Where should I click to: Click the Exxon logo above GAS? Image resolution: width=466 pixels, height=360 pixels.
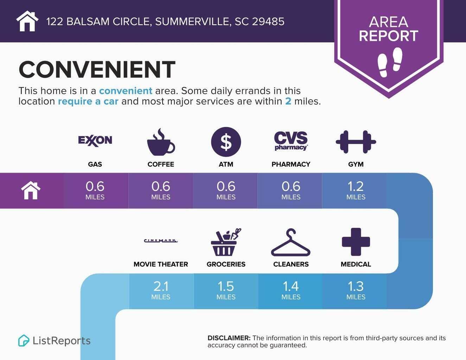pyautogui.click(x=95, y=140)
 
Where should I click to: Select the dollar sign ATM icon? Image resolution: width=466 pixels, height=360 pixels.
pyautogui.click(x=226, y=142)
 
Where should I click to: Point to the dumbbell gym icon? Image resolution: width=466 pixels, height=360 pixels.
pyautogui.click(x=356, y=142)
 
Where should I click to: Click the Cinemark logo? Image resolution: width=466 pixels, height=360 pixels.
pyautogui.click(x=161, y=241)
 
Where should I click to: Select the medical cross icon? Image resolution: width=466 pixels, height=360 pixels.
pyautogui.click(x=356, y=242)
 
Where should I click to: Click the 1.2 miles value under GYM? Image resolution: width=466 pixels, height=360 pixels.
pyautogui.click(x=356, y=186)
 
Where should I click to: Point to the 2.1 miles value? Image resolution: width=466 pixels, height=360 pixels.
pyautogui.click(x=161, y=287)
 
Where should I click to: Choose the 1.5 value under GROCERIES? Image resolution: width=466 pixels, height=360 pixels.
pyautogui.click(x=226, y=287)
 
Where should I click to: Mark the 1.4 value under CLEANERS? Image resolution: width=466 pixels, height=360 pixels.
pyautogui.click(x=291, y=287)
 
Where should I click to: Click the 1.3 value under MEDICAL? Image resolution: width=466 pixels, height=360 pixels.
pyautogui.click(x=356, y=287)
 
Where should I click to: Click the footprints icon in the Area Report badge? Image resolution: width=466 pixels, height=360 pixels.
pyautogui.click(x=390, y=62)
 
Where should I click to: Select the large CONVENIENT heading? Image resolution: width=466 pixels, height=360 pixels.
pyautogui.click(x=97, y=69)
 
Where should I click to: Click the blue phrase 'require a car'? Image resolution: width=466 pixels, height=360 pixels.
pyautogui.click(x=88, y=102)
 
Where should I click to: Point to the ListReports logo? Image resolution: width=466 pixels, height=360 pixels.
pyautogui.click(x=55, y=341)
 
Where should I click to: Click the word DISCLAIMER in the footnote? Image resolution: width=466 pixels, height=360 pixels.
pyautogui.click(x=229, y=338)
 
